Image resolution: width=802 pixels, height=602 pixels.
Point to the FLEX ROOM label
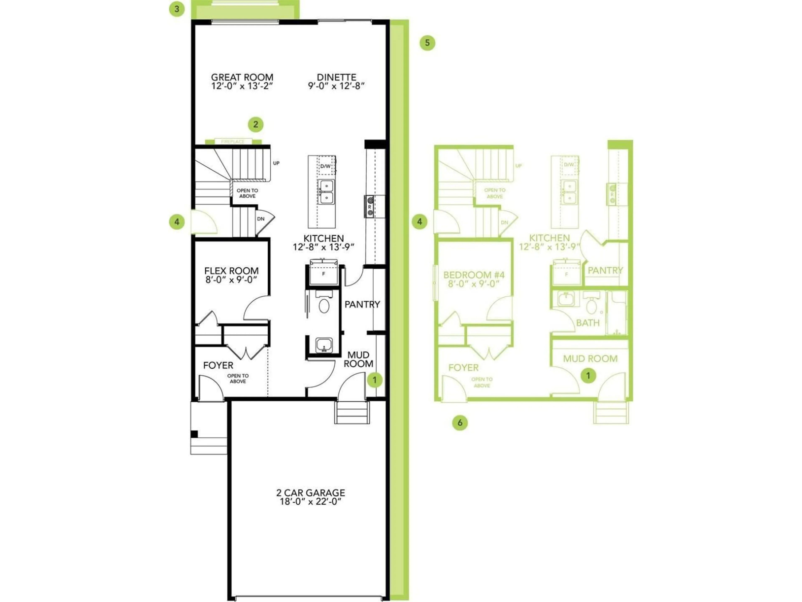[x=231, y=271]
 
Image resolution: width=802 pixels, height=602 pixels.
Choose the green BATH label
[x=588, y=323]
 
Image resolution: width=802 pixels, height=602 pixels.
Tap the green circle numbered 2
[x=256, y=124]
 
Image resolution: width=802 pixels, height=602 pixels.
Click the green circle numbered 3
[x=177, y=9]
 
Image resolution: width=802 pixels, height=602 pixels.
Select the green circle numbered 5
[x=428, y=43]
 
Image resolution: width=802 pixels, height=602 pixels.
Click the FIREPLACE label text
[x=233, y=142]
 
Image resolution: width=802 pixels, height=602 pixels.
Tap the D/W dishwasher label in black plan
[x=325, y=166]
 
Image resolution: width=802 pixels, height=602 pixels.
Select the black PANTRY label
[x=362, y=304]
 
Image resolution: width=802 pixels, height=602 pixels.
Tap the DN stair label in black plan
[x=261, y=219]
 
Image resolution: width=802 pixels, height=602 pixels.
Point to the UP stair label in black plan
[x=276, y=163]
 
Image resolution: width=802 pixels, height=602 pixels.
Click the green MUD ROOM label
[x=590, y=358]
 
